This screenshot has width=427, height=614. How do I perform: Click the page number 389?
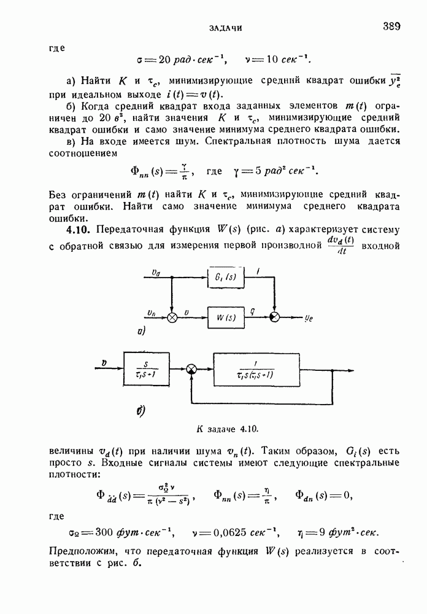[x=391, y=26]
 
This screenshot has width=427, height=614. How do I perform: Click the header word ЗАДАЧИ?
[x=226, y=28]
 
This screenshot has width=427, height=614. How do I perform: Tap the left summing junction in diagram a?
[x=172, y=317]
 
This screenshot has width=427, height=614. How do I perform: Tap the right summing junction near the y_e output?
[x=275, y=317]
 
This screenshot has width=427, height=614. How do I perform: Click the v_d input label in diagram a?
[x=155, y=271]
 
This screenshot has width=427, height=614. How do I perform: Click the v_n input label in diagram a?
[x=154, y=312]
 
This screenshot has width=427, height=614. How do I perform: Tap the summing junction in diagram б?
[x=192, y=369]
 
